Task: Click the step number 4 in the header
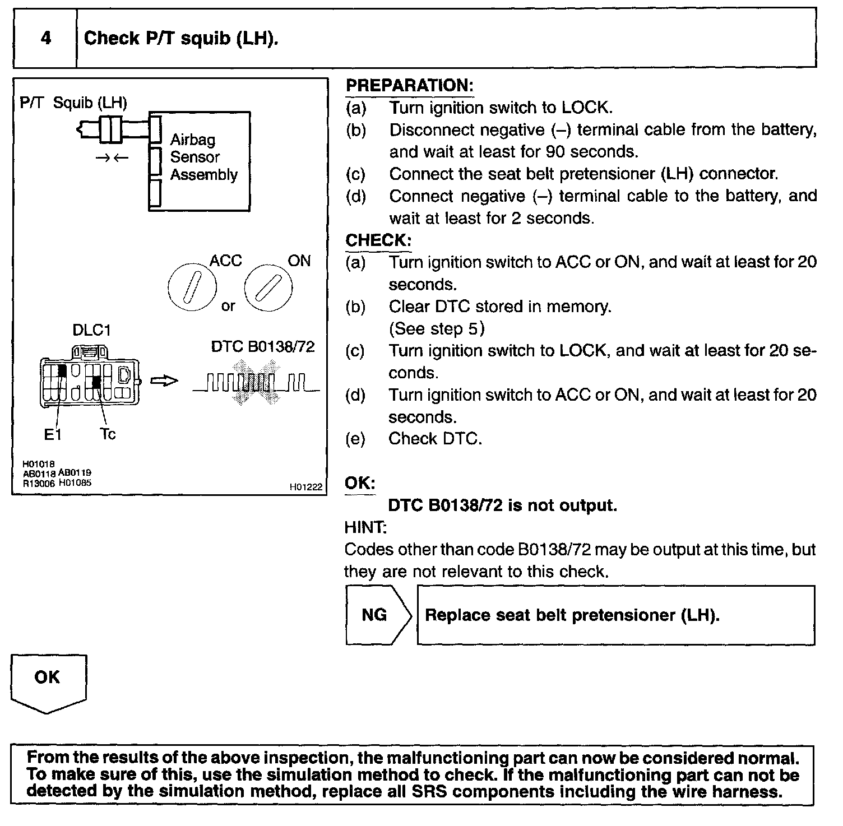[45, 38]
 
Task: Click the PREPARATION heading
[410, 86]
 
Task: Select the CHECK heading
[378, 240]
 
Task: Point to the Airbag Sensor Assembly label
[203, 157]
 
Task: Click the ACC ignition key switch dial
[191, 286]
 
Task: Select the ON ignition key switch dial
[268, 286]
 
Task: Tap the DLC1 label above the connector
[91, 330]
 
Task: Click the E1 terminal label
[53, 434]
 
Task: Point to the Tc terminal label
[108, 434]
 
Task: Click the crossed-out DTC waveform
[256, 383]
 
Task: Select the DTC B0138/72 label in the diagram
[262, 347]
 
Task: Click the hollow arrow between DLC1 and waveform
[164, 381]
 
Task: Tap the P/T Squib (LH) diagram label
[73, 103]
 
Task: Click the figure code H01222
[306, 487]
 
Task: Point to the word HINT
[365, 527]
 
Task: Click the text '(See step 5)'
[437, 328]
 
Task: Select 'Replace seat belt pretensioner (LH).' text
[572, 615]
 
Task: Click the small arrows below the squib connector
[112, 158]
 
